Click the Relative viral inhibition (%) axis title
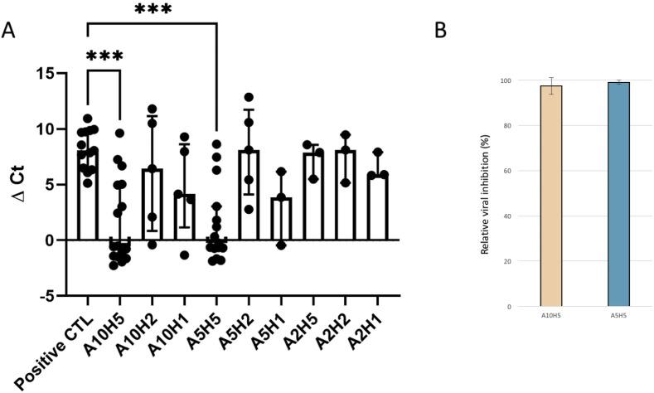click(x=483, y=196)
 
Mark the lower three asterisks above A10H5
click(x=104, y=56)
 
